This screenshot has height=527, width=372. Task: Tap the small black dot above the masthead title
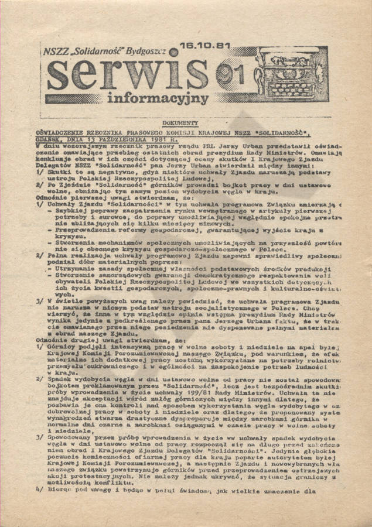(x=174, y=52)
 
